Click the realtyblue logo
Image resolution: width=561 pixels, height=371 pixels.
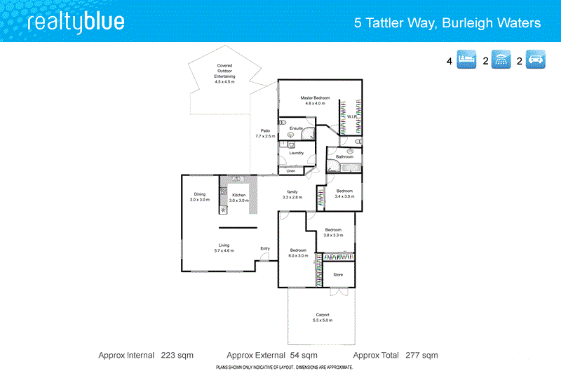click(x=76, y=22)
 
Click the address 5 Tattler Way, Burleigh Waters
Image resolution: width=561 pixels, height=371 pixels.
click(x=447, y=23)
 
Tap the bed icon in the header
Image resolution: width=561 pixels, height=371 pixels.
click(x=467, y=60)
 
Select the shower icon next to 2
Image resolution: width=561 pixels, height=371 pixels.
click(x=501, y=60)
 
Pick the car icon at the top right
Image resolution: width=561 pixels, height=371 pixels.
click(x=536, y=60)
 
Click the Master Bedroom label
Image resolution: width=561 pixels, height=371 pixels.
click(x=315, y=97)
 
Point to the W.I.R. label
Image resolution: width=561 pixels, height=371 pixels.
click(x=352, y=116)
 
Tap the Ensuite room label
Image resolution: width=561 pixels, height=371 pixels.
click(x=296, y=128)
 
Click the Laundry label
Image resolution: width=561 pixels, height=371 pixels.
click(x=296, y=152)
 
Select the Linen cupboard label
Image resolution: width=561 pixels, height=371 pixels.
click(x=290, y=170)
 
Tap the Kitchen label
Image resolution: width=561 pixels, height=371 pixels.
click(x=239, y=195)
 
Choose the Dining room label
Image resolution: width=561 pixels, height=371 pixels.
click(x=200, y=194)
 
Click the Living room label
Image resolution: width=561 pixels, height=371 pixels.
click(x=224, y=245)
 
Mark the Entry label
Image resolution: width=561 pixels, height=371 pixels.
click(x=265, y=248)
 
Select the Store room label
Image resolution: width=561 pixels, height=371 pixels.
click(x=337, y=274)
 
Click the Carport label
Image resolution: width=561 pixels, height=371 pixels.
click(x=323, y=315)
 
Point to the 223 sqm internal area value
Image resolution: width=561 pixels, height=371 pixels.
click(x=177, y=355)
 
